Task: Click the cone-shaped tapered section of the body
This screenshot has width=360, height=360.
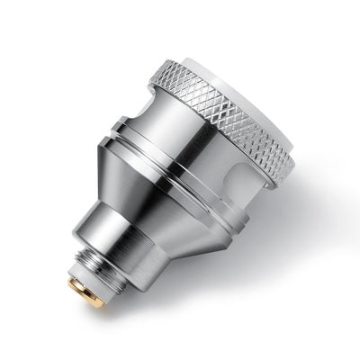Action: tap(153, 193)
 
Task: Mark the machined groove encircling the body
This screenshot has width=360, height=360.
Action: tap(171, 148)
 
